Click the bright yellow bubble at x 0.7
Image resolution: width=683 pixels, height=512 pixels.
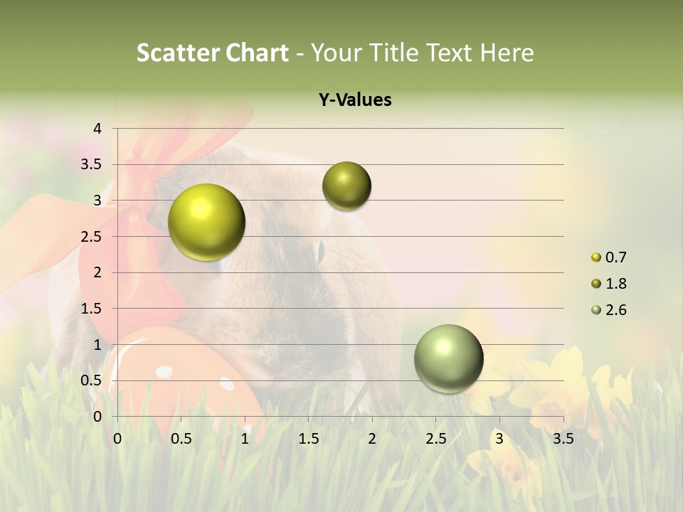[207, 222]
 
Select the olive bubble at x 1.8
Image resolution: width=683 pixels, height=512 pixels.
[346, 186]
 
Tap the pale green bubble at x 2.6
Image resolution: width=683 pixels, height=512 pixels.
[449, 358]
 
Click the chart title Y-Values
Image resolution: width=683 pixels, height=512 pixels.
[354, 100]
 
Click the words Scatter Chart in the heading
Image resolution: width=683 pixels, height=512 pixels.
[212, 53]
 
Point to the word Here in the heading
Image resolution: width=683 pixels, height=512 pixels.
[507, 53]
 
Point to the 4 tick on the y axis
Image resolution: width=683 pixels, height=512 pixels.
[98, 129]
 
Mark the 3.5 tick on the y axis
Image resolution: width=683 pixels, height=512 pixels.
[92, 165]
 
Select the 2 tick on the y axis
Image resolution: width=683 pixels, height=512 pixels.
[98, 272]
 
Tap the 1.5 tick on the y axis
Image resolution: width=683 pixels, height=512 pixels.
[92, 309]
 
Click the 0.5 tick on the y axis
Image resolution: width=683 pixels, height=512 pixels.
[92, 381]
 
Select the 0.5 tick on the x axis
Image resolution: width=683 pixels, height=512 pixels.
[181, 439]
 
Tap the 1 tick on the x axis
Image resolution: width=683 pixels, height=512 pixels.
[245, 439]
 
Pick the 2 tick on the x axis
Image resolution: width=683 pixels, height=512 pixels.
[372, 439]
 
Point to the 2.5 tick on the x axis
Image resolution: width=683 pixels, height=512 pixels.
[435, 439]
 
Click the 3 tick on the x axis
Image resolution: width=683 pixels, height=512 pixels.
[499, 439]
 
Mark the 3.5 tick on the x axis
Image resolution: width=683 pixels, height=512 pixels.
[563, 439]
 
